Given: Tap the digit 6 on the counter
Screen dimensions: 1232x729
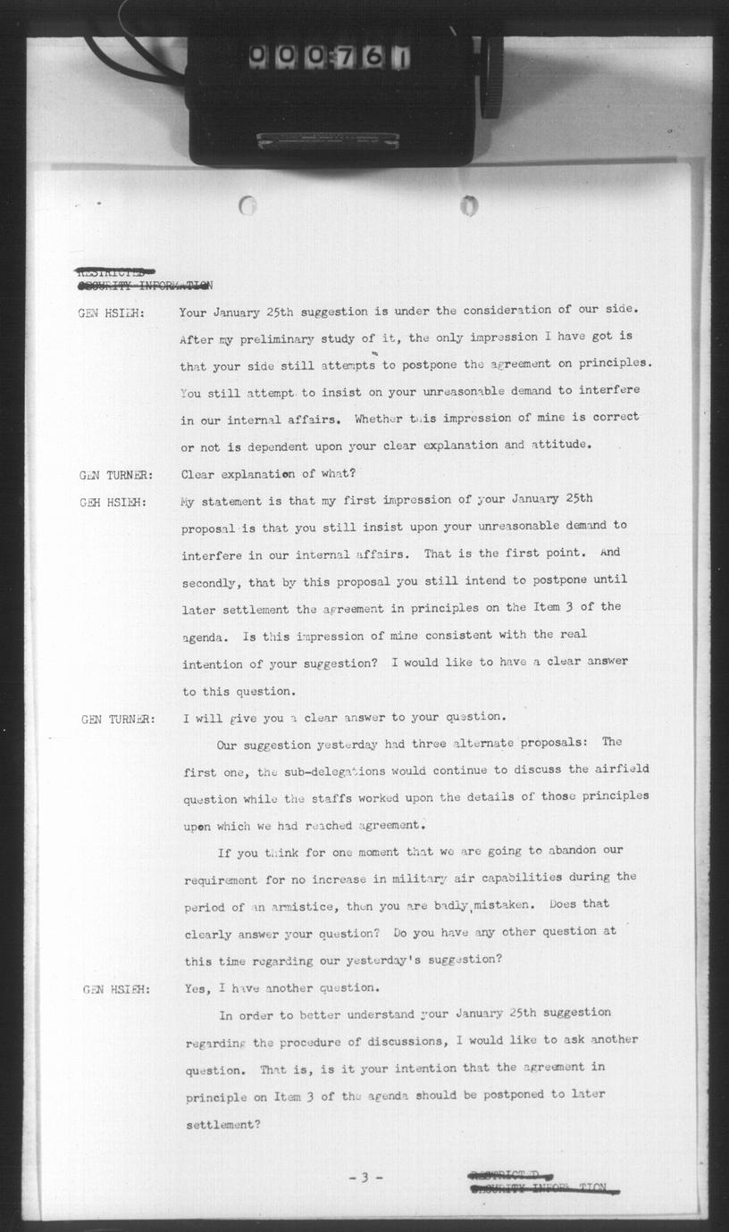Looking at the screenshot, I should point(374,58).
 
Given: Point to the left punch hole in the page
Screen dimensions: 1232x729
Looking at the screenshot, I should point(248,206).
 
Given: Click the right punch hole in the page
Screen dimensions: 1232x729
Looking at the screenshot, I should point(469,206).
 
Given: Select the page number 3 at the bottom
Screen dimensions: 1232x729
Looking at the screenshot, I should point(364,1178).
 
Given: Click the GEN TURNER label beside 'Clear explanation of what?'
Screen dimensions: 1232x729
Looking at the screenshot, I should point(116,475).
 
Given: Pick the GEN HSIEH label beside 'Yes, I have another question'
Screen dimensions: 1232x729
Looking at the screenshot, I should point(116,989).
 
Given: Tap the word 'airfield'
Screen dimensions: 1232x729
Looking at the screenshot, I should point(621,769).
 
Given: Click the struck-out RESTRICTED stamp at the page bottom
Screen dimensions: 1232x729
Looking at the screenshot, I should point(510,1176).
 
